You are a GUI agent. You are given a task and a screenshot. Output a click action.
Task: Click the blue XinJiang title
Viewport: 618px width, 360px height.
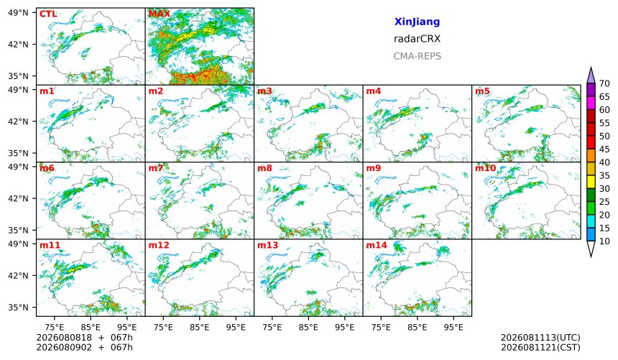[417, 22]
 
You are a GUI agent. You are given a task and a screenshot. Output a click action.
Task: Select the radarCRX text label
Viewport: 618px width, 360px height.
[417, 39]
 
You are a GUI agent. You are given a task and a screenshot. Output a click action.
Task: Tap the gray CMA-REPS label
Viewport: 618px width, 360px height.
[417, 56]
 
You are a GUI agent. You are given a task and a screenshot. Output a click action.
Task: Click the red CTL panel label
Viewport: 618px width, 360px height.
[48, 14]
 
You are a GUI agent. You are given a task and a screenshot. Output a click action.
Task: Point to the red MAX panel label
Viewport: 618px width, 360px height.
[160, 14]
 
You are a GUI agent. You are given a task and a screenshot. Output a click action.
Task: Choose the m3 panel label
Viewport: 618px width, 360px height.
[264, 91]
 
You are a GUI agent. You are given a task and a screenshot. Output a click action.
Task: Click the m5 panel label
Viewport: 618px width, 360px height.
[482, 91]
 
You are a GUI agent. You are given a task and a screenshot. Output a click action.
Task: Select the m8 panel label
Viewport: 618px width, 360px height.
[264, 168]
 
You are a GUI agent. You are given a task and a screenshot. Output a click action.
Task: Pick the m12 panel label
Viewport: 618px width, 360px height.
[158, 245]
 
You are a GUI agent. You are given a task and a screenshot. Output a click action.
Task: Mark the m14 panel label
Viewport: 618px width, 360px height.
[377, 245]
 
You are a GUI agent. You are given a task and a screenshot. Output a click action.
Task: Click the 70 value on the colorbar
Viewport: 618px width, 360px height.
[604, 83]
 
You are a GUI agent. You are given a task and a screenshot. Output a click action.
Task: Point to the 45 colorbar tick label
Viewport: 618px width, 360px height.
[604, 149]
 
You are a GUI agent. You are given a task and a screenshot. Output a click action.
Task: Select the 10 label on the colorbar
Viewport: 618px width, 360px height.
[604, 241]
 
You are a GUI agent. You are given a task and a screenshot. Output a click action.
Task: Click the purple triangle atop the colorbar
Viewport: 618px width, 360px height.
[591, 75]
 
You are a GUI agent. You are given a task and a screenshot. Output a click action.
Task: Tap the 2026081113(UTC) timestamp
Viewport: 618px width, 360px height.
[540, 338]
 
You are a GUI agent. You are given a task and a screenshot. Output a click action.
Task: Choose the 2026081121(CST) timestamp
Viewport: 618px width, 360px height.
[540, 347]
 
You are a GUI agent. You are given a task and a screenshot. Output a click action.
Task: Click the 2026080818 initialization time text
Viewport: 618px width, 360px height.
[64, 338]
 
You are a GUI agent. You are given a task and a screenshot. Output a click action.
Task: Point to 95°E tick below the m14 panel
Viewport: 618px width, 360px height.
[453, 327]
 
